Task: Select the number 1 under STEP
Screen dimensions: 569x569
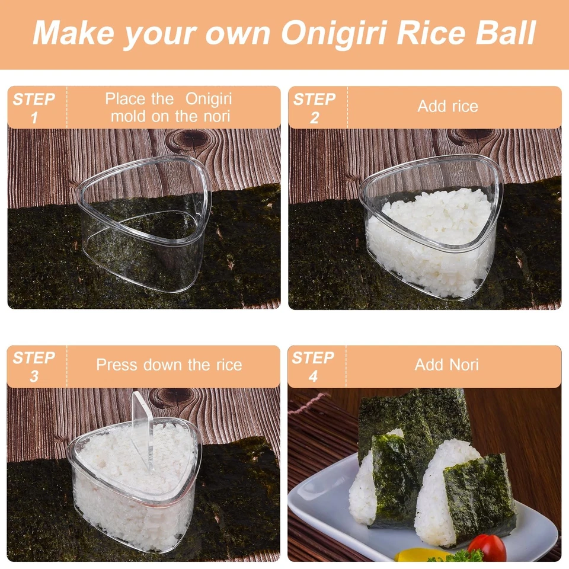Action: pos(34,117)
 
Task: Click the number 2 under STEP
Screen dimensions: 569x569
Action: pos(314,117)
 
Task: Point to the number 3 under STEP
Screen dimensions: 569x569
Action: pos(34,376)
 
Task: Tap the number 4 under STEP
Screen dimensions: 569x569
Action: pos(313,376)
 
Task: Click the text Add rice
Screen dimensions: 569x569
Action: pos(447,107)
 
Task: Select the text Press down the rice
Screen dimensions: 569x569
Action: pos(169,365)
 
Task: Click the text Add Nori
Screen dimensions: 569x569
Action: pos(446,365)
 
